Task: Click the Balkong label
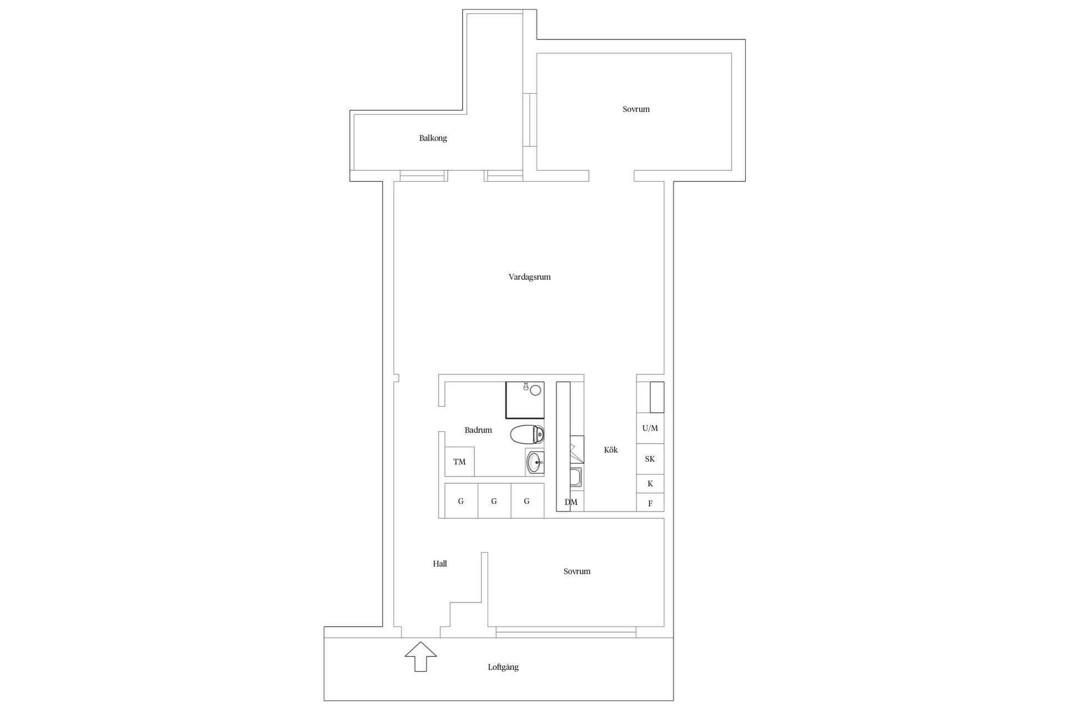433,138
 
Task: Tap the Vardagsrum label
529,277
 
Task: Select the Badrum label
478,430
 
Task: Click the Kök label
611,450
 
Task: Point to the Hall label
440,564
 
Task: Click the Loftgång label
503,667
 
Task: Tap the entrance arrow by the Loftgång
421,657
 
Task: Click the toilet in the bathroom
526,434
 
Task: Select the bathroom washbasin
535,462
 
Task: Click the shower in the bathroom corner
525,399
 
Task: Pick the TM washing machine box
459,462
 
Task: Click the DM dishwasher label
571,502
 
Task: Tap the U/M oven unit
650,428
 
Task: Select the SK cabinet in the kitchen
650,459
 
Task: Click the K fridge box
650,484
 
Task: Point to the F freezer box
650,504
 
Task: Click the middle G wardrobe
494,501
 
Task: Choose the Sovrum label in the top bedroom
636,109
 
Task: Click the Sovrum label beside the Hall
576,572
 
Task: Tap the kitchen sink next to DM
576,478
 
